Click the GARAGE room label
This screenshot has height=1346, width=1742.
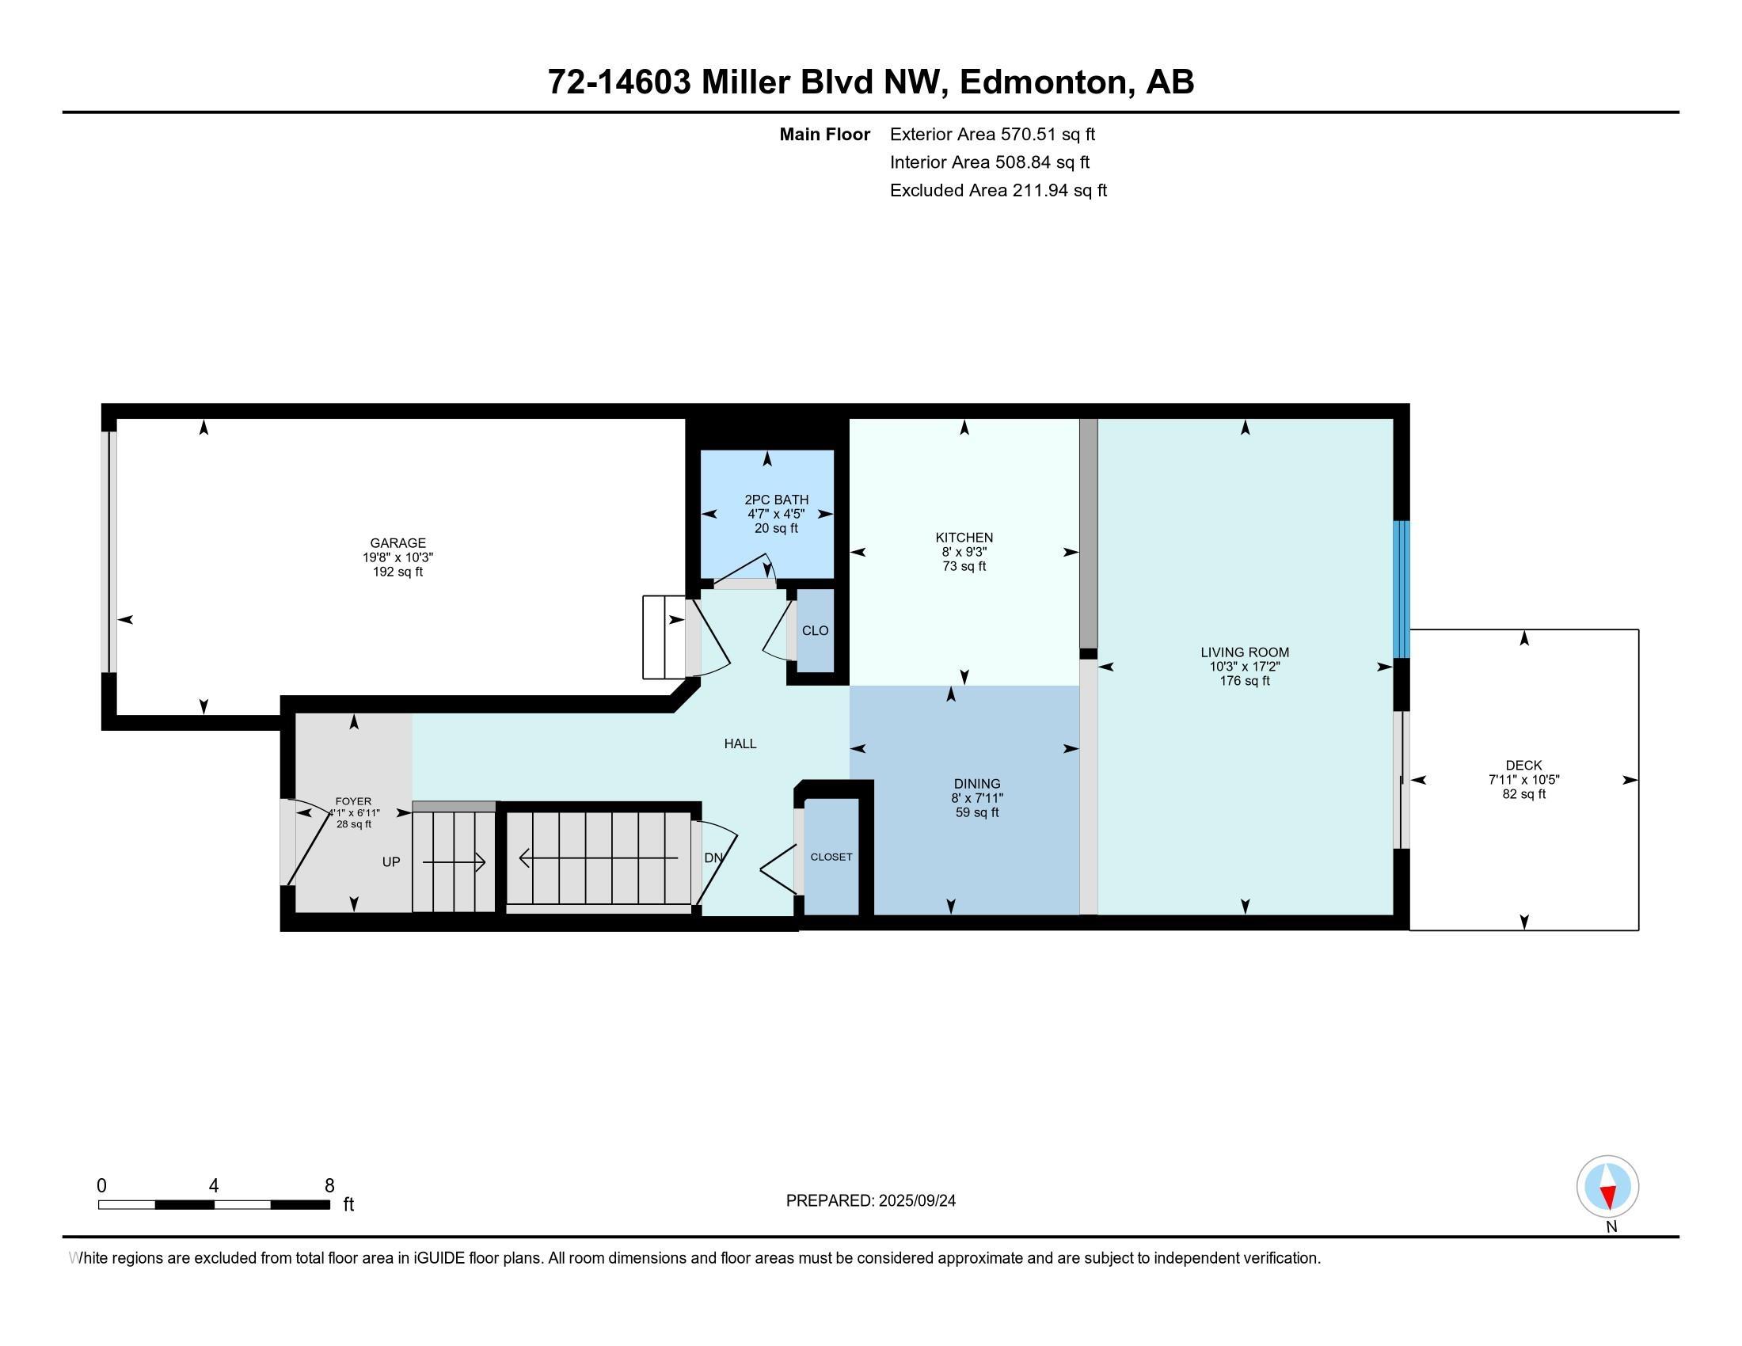tap(397, 543)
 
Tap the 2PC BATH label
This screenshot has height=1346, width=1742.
tap(776, 500)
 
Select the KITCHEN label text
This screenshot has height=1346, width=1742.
tap(964, 538)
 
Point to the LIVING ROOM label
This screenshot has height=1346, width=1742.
tap(1244, 652)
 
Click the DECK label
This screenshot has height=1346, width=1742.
tap(1523, 766)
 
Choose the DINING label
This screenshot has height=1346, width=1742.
tap(977, 784)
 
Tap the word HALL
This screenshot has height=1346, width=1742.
tap(740, 744)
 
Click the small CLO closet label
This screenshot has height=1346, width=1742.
tap(815, 631)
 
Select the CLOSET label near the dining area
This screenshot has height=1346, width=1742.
tap(831, 857)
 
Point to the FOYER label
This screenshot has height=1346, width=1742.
tap(353, 801)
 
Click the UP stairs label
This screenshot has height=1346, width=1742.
tap(391, 862)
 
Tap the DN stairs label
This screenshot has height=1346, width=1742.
tap(713, 858)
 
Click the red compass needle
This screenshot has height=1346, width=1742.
tap(1609, 1197)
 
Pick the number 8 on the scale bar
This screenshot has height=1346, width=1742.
tap(329, 1186)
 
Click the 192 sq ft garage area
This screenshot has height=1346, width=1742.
tap(397, 572)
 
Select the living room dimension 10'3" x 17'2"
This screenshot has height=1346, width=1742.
tap(1244, 667)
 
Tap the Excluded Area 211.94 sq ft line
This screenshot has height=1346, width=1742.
tap(998, 191)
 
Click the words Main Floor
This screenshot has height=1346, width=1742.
tap(825, 135)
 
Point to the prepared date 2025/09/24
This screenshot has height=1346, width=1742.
tap(915, 1201)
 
